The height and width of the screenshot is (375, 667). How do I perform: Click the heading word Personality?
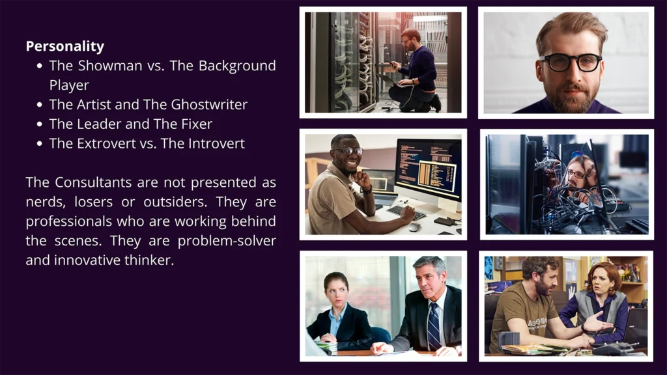click(65, 46)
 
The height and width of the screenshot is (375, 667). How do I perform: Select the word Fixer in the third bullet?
click(197, 124)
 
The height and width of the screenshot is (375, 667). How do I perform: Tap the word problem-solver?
click(227, 241)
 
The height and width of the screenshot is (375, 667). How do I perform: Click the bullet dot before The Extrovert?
click(40, 144)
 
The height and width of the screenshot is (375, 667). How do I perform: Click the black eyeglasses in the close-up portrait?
click(570, 62)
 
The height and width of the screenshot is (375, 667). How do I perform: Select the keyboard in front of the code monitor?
click(406, 212)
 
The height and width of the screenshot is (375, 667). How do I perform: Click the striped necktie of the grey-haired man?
click(433, 327)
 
